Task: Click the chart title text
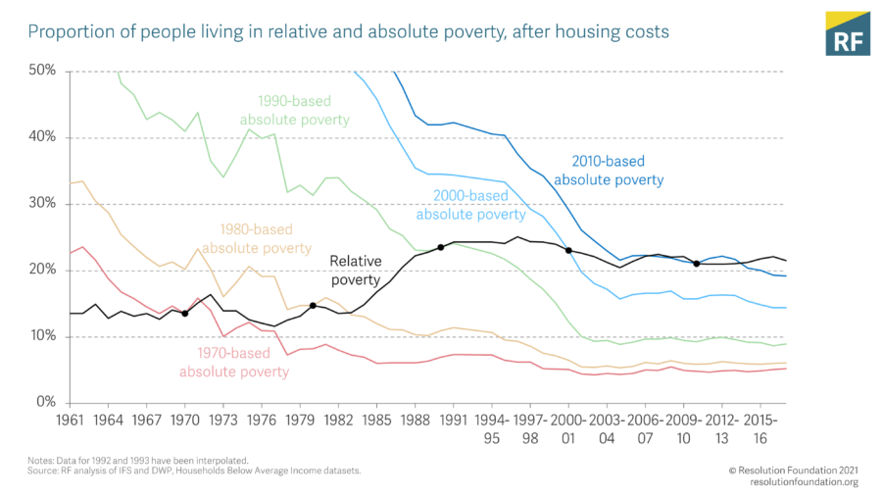point(348,32)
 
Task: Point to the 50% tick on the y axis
point(42,72)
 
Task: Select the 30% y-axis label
point(42,204)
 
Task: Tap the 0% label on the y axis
point(46,403)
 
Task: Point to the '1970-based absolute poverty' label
point(234,363)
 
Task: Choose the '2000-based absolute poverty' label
point(471,205)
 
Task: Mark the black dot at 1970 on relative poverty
point(185,314)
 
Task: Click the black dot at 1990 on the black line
point(441,247)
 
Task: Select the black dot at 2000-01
point(568,250)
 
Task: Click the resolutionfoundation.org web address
point(804,482)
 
